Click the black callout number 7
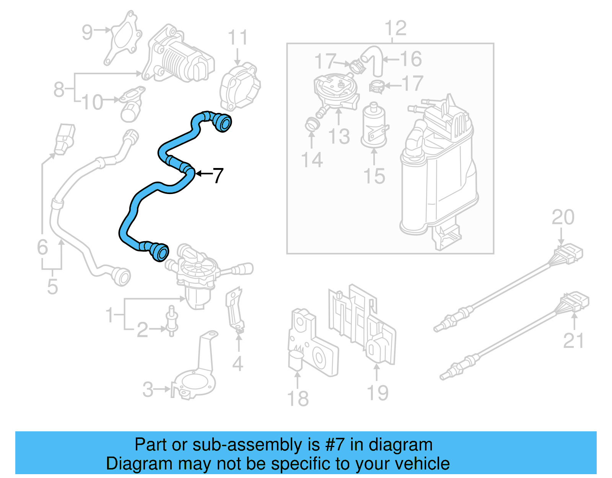218,176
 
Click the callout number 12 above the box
396,28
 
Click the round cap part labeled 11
240,87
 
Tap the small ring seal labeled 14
311,124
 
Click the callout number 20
563,217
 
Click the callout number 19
378,393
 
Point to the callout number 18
298,398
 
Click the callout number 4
238,364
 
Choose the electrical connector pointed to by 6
65,138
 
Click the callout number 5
52,287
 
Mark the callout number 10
92,102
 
